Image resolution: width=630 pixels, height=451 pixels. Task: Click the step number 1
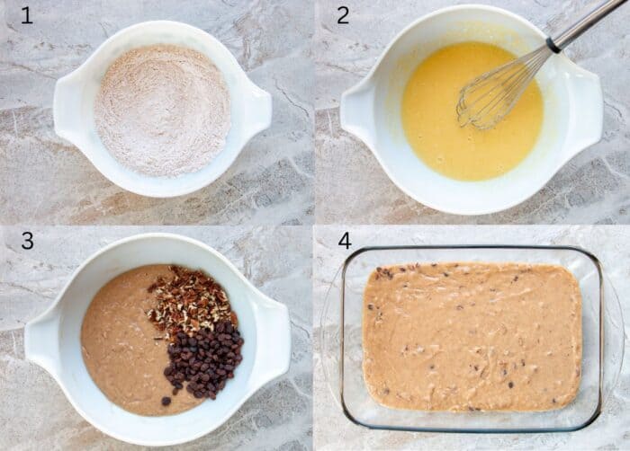[x=26, y=15]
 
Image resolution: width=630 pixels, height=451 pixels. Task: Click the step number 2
[x=343, y=15]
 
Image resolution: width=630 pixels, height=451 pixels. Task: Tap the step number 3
[x=27, y=241]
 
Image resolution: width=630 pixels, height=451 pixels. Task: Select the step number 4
[x=344, y=241]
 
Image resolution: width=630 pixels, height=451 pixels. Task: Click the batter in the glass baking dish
[x=472, y=337]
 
